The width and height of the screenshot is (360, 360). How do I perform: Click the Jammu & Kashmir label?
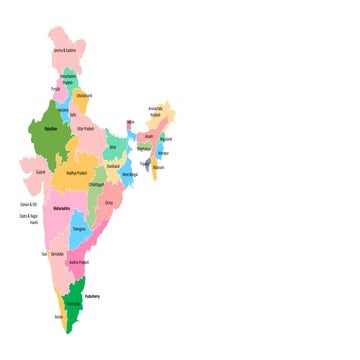tap(64, 50)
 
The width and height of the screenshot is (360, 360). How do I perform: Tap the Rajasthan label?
tap(37, 128)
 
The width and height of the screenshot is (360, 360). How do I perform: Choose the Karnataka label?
tap(57, 255)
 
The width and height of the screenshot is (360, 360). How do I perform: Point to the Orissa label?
tap(108, 203)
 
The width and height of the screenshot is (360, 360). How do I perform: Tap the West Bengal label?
tap(129, 174)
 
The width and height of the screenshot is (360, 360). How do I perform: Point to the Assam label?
tap(149, 136)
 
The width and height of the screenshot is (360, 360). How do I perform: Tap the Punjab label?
tap(56, 88)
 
